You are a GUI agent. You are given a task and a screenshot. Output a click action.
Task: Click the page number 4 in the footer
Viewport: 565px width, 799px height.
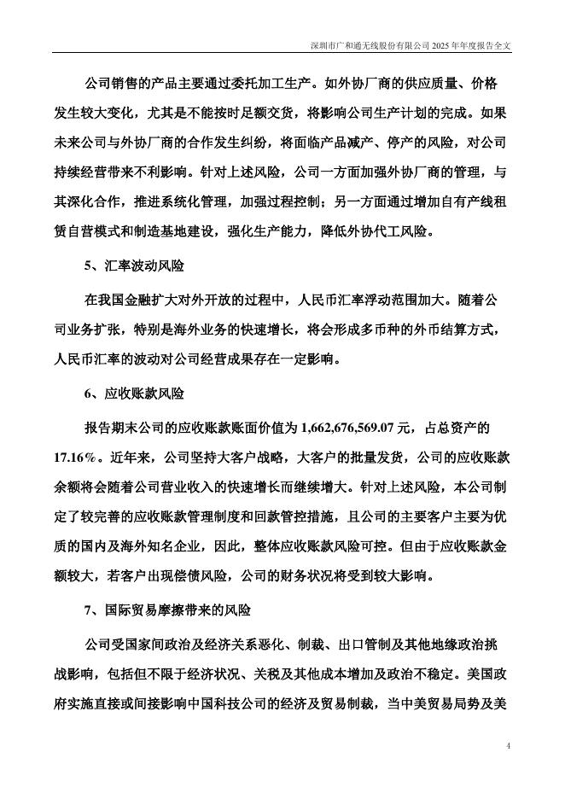click(508, 746)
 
